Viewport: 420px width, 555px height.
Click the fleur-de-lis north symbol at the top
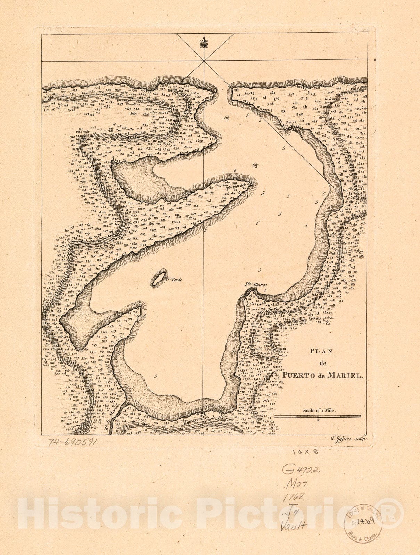click(x=203, y=44)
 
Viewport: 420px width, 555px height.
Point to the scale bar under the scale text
click(x=317, y=416)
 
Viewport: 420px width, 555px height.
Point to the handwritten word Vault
click(x=294, y=526)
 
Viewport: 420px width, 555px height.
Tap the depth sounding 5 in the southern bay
click(x=156, y=376)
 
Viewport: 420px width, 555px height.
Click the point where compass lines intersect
click(x=203, y=61)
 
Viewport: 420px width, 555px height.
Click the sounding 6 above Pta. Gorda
click(x=235, y=171)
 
